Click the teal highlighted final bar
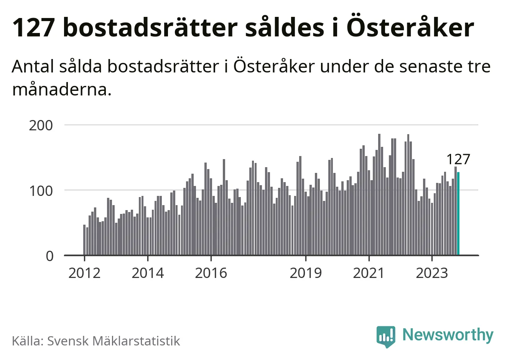point(458,214)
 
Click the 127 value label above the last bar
point(458,159)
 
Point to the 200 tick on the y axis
point(41,125)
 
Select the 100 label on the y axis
point(41,191)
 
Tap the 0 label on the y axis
point(50,256)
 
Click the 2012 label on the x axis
point(84,273)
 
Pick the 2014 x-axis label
point(148,273)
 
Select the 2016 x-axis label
point(211,273)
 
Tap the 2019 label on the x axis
point(306,273)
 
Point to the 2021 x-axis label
point(369,273)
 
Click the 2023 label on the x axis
point(432,273)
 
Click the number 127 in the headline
point(33,28)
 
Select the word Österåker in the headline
point(410,28)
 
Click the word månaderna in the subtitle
point(62,89)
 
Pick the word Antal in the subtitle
point(33,67)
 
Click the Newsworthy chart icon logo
point(385,336)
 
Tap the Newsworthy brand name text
point(448,335)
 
